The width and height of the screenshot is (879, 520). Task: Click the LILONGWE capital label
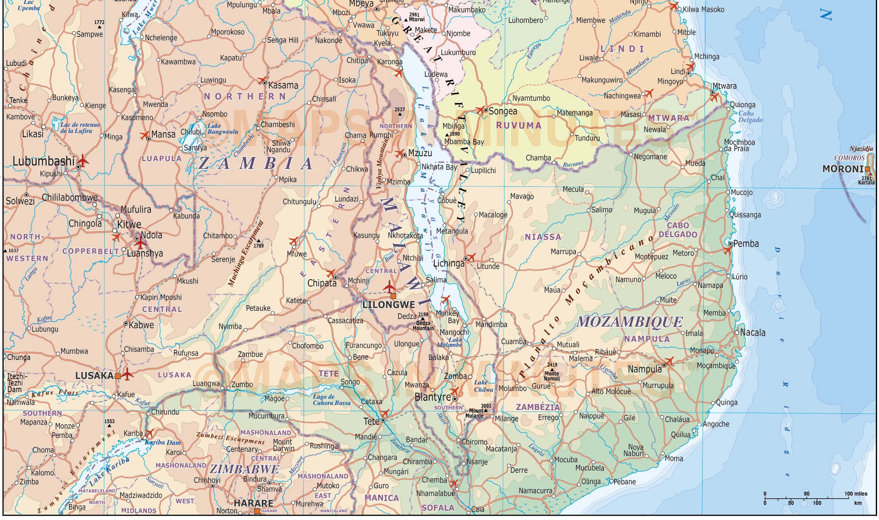tap(389, 305)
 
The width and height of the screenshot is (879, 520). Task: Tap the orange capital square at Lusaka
tap(117, 376)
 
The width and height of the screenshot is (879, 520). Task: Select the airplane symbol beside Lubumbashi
tap(83, 160)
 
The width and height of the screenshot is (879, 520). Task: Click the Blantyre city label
tap(433, 397)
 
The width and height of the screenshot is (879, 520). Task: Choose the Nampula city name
tap(644, 369)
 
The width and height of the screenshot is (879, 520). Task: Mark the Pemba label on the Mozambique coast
tap(746, 244)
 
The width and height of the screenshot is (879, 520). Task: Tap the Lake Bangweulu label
tap(223, 129)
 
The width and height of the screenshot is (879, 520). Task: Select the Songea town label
tap(503, 112)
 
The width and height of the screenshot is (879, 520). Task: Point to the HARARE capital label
tap(253, 503)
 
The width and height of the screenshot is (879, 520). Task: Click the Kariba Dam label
tap(163, 443)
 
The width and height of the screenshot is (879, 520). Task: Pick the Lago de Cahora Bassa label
tap(332, 400)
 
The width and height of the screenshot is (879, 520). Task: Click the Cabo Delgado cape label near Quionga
tap(750, 117)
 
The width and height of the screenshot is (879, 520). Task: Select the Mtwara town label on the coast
tap(724, 86)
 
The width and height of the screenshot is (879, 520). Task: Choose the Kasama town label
tap(283, 86)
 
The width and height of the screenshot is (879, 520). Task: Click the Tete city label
tap(371, 421)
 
